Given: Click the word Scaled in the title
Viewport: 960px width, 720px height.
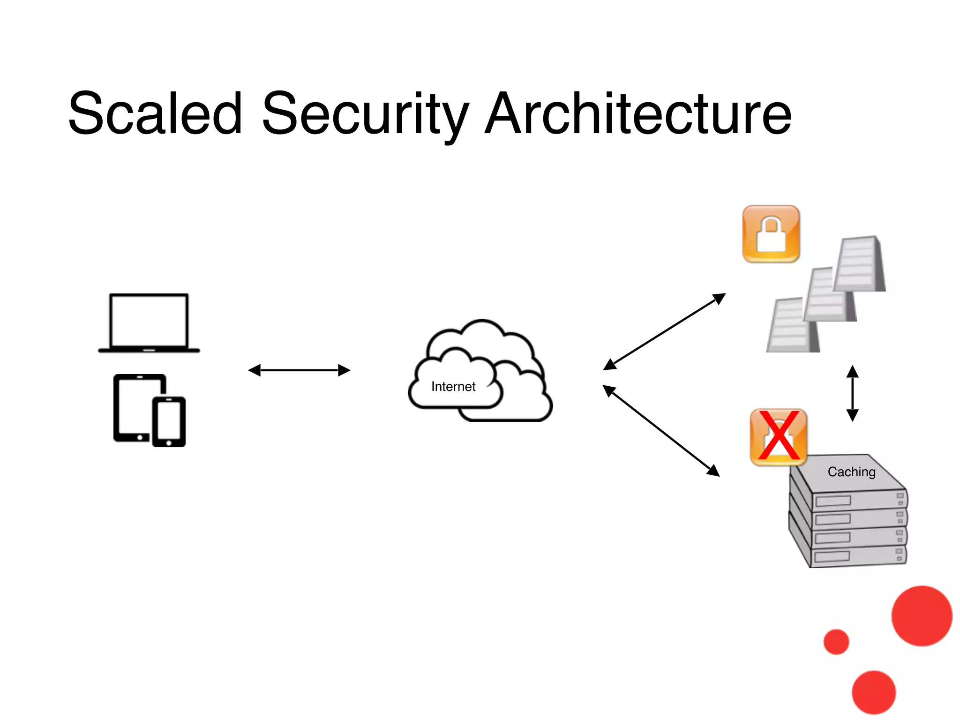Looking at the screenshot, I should click(x=155, y=114).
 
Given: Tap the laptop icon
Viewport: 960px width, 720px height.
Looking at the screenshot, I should click(x=149, y=323).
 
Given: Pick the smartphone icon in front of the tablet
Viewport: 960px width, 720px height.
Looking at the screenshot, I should click(x=169, y=421).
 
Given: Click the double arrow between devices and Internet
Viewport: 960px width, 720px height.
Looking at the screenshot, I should click(x=299, y=370).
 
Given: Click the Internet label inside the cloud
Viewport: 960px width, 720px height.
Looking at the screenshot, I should click(x=453, y=387).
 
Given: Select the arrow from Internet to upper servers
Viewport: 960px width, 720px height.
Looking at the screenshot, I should click(x=664, y=331).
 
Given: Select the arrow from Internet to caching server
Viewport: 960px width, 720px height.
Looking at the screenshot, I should click(x=661, y=430).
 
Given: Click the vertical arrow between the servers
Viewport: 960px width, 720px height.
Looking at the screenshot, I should click(x=852, y=393).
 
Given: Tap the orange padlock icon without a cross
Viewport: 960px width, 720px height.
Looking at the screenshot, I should click(x=771, y=233).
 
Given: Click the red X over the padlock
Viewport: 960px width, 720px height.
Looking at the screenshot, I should click(x=779, y=436).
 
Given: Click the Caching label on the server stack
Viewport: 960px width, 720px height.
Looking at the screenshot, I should click(x=851, y=472).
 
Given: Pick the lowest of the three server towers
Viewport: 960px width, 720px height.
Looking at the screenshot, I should click(x=792, y=326).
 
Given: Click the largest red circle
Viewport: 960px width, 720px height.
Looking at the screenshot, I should click(x=922, y=616).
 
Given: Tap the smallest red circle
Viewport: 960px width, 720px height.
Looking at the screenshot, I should click(x=836, y=642).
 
